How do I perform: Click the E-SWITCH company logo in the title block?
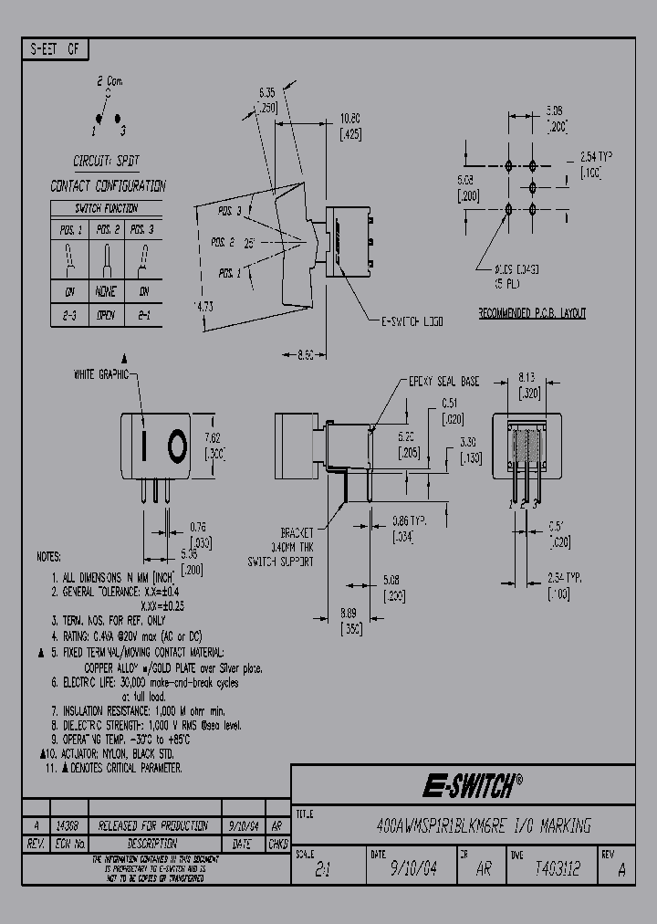471,783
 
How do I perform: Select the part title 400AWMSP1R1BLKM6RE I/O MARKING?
484,826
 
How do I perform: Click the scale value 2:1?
322,871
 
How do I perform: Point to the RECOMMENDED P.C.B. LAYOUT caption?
532,313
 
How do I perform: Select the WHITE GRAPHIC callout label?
100,374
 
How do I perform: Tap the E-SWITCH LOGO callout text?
412,321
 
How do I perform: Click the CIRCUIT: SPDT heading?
107,160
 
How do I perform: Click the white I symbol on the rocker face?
144,446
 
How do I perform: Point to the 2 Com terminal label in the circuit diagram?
109,82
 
